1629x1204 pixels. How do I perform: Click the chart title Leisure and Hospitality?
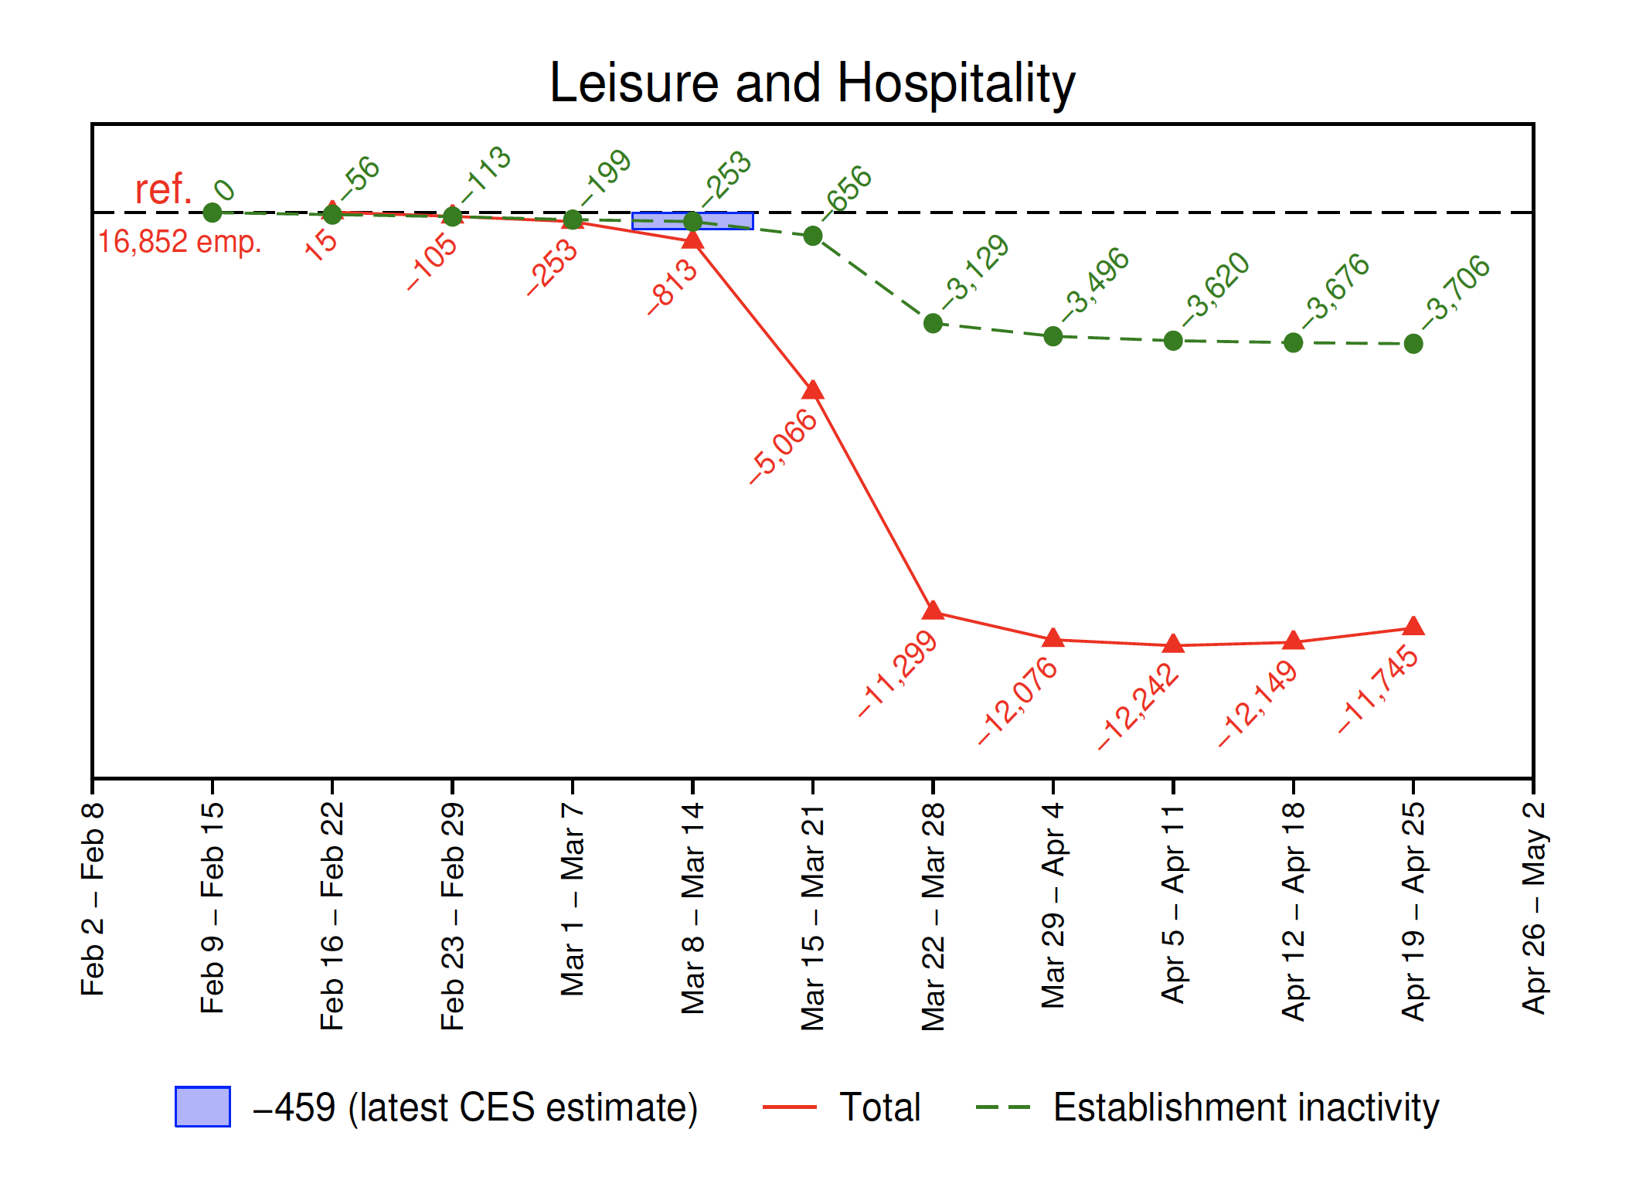(812, 83)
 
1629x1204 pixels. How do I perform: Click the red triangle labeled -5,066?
(813, 390)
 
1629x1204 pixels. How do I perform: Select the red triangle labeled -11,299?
(933, 611)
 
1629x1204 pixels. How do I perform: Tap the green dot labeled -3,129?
(933, 323)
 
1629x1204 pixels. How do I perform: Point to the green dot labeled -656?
(813, 236)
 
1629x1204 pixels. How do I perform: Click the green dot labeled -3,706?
(1413, 344)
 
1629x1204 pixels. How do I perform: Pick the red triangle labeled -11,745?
(1413, 626)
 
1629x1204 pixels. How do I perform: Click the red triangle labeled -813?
(693, 240)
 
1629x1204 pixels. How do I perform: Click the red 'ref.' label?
(163, 189)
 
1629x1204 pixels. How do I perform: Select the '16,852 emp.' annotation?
(179, 242)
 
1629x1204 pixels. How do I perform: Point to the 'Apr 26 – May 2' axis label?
(1534, 908)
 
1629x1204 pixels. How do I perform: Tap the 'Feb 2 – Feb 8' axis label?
(93, 899)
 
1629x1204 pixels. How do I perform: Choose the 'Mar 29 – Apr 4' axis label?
(1053, 906)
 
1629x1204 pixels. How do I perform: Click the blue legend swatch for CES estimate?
(202, 1107)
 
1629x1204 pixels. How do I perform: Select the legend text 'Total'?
(879, 1107)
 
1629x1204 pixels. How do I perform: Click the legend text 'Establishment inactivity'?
(1246, 1107)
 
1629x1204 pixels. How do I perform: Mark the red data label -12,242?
(1138, 706)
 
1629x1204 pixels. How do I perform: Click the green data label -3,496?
(1096, 284)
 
